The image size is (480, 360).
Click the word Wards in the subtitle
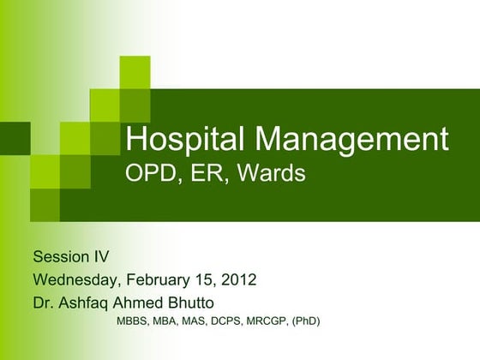pos(272,173)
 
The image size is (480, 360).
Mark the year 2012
pos(238,279)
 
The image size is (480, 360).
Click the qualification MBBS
pos(133,323)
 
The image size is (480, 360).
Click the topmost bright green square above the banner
pos(135,71)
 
